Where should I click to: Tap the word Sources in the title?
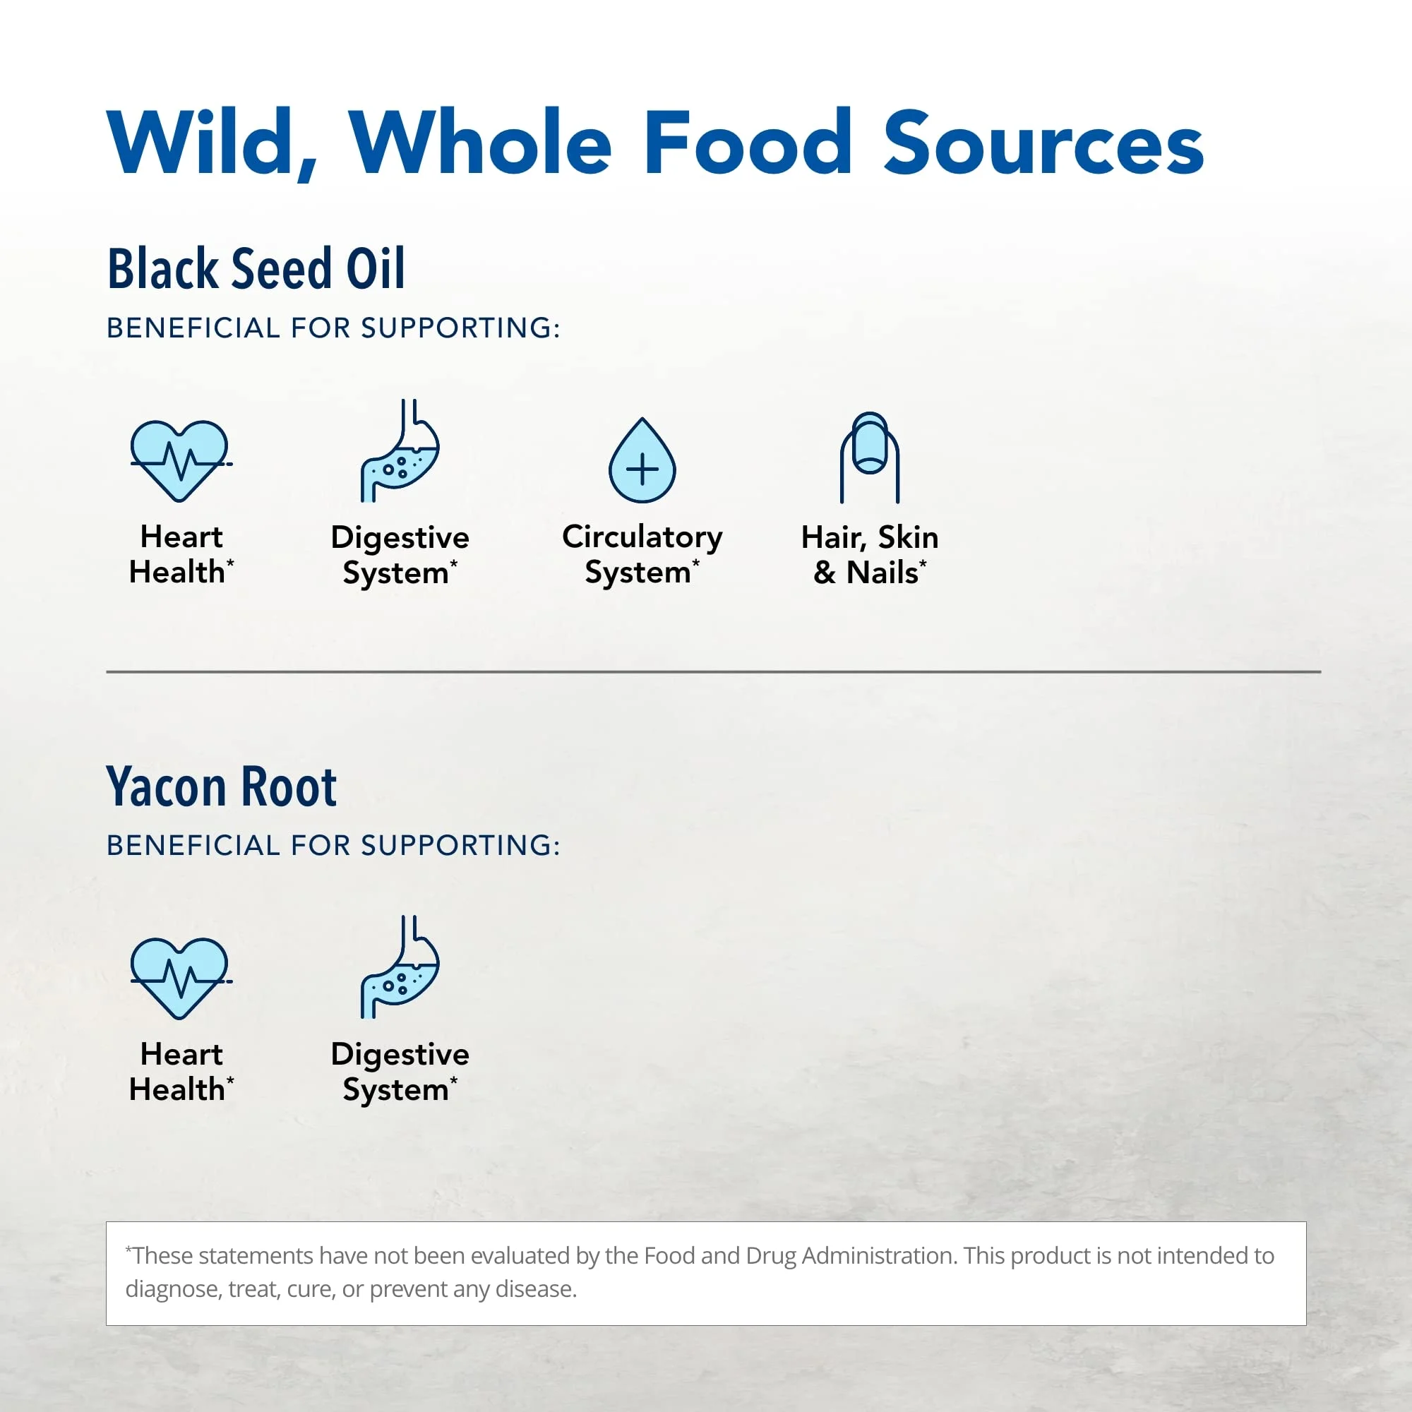pos(1043,142)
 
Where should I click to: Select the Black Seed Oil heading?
pos(256,268)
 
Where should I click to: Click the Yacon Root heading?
pos(222,786)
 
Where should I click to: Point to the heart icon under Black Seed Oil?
pos(180,461)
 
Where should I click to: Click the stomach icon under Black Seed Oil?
pos(400,451)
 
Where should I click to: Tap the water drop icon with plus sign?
pos(642,460)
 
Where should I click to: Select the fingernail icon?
pos(870,457)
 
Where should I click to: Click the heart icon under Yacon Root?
pos(180,979)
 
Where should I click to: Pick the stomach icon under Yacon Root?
pos(400,968)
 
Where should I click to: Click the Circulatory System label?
pos(642,555)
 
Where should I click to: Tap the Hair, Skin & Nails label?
pos(870,555)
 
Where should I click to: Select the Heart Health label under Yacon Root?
pos(181,1072)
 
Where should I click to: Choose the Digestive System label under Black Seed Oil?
pos(400,556)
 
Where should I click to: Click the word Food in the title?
pos(748,142)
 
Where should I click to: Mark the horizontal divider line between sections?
pos(713,671)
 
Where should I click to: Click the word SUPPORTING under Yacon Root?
pos(460,846)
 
